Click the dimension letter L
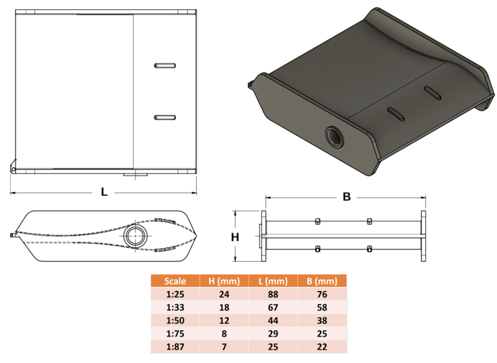[104, 192]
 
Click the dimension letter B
[347, 197]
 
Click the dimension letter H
[235, 237]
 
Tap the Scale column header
[175, 281]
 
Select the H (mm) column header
[224, 281]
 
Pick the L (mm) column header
[273, 281]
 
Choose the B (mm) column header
[322, 281]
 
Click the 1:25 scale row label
[175, 295]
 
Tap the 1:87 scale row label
[175, 347]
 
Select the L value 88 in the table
[273, 295]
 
